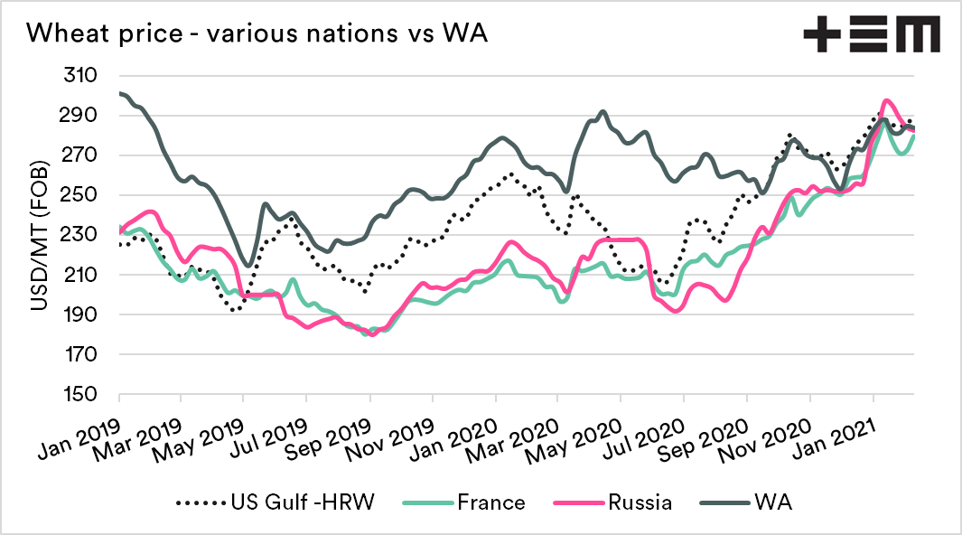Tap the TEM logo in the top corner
[x=871, y=34]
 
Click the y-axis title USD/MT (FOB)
[x=41, y=235]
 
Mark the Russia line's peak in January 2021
[x=887, y=100]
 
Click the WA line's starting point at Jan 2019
[x=120, y=93]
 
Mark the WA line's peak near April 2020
[x=602, y=112]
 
